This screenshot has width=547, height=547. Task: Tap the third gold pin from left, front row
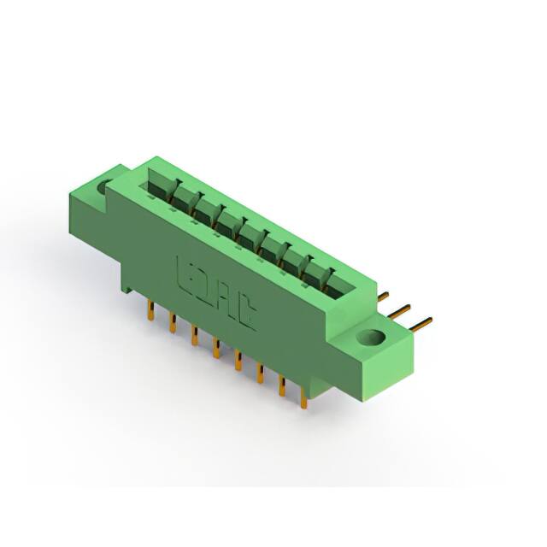(195, 336)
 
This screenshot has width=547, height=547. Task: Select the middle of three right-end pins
(401, 309)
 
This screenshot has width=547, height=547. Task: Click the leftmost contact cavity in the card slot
(161, 181)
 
